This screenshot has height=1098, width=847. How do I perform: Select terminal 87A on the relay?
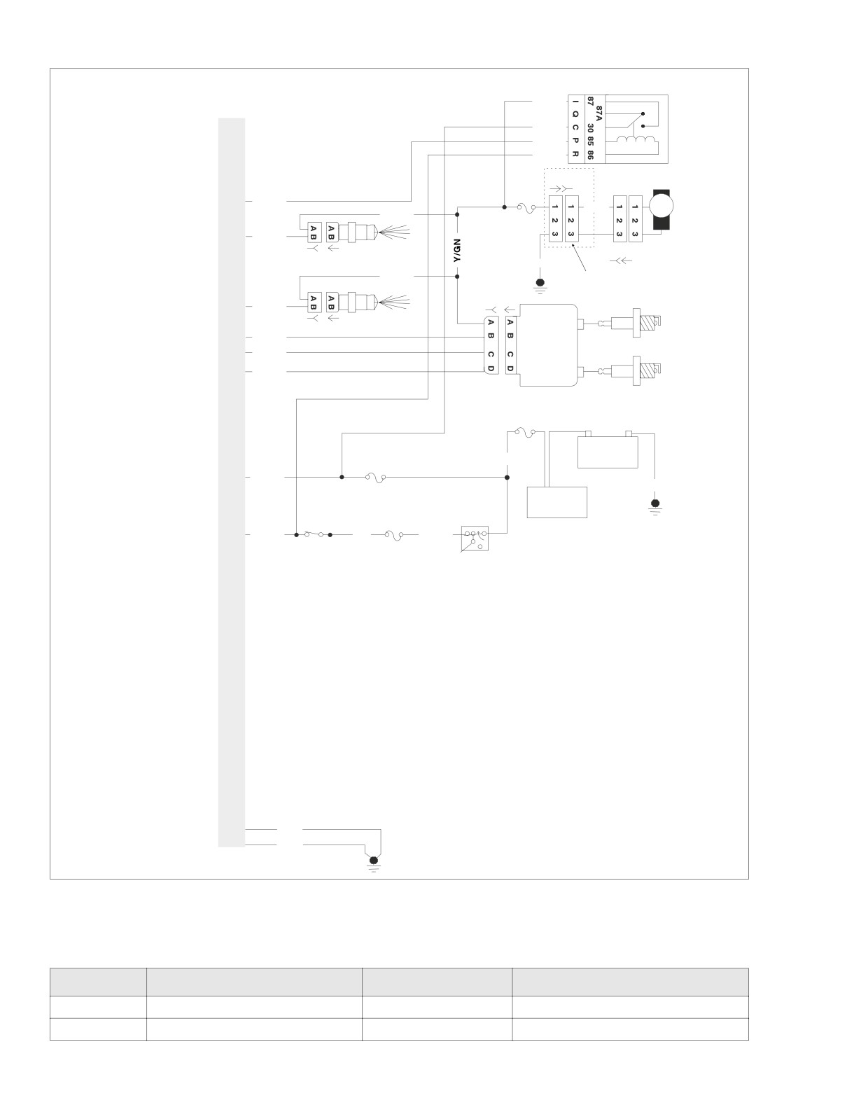pos(598,112)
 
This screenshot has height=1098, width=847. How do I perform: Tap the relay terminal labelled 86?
pos(589,154)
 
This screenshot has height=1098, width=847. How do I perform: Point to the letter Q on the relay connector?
pos(575,114)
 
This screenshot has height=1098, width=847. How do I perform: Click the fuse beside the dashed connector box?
pos(526,207)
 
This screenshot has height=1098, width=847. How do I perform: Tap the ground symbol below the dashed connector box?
pos(540,284)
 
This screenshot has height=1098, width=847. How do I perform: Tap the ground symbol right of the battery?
pos(655,506)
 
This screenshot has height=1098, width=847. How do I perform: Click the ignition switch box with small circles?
pos(475,538)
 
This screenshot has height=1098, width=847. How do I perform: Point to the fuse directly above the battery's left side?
pos(525,432)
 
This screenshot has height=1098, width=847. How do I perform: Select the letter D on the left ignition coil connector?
pos(491,368)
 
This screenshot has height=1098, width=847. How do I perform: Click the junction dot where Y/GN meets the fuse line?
pos(457,215)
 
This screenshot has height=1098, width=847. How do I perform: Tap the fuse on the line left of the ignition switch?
pos(394,534)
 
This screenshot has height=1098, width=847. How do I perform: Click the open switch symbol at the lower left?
pos(313,534)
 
